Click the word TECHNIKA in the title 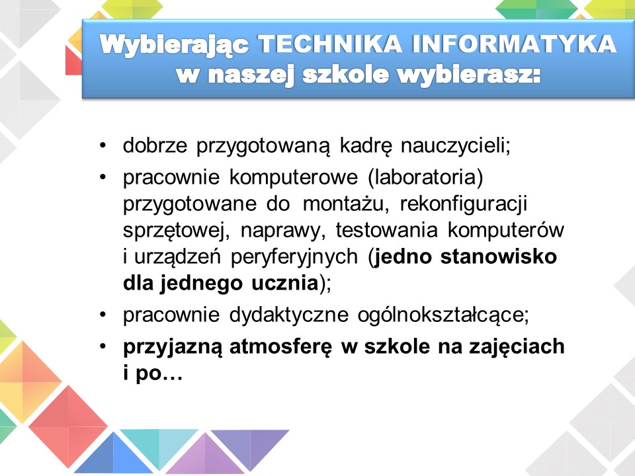(x=330, y=44)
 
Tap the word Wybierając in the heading (x=174, y=45)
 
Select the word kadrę (x=366, y=145)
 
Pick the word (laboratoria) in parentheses (x=425, y=178)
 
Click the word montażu (x=346, y=204)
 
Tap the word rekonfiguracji (x=464, y=204)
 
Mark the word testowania (x=387, y=230)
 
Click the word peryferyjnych (x=294, y=257)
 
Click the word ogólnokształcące (x=443, y=315)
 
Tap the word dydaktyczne (x=289, y=315)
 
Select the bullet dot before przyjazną (x=103, y=346)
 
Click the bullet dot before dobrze (x=103, y=145)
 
